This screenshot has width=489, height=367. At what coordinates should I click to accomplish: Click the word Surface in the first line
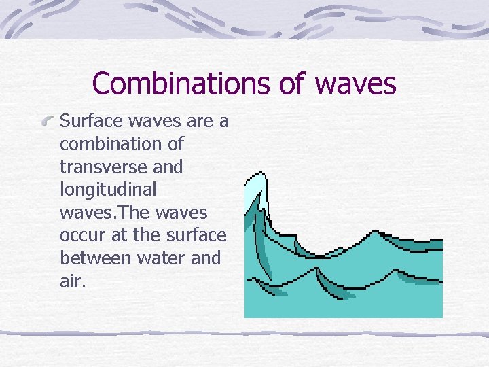(87, 122)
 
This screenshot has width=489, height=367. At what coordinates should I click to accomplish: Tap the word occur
(79, 235)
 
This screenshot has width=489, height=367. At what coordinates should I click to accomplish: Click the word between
(95, 258)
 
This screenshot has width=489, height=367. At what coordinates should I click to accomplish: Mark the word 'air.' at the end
(73, 281)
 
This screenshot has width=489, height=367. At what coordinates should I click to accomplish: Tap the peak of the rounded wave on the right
(372, 232)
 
